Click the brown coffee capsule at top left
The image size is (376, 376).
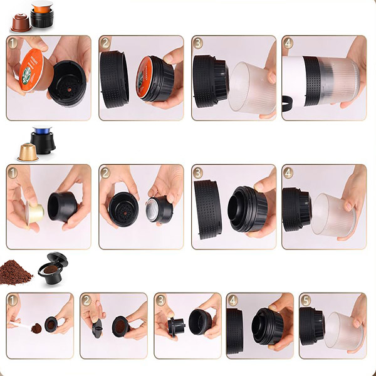21,23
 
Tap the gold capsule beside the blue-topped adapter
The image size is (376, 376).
28,152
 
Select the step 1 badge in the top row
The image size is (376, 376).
13,43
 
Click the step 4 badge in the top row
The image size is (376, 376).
288,43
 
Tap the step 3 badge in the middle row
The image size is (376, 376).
197,173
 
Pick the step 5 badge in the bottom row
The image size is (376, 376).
306,300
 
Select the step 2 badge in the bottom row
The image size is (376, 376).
86,300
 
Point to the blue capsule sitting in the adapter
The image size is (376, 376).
42,130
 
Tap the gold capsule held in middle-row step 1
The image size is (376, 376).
35,214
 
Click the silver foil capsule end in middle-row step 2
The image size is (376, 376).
152,209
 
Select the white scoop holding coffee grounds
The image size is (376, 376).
21,326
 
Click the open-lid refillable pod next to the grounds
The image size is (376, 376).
53,269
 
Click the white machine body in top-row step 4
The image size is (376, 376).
293,81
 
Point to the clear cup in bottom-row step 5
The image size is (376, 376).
344,330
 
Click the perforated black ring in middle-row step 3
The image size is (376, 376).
208,209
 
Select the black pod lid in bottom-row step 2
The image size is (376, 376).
97,328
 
